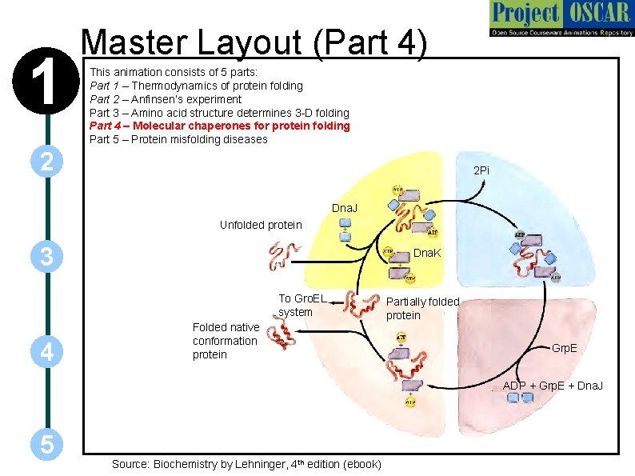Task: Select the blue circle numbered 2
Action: (x=46, y=162)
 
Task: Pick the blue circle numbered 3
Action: (x=46, y=257)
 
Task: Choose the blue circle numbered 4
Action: (x=46, y=350)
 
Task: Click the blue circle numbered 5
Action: (x=46, y=445)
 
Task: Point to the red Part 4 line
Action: (x=219, y=126)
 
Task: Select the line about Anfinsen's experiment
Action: (x=165, y=99)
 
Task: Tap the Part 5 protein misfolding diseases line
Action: (x=178, y=139)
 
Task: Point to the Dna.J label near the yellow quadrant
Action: (x=345, y=209)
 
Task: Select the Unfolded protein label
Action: (x=261, y=225)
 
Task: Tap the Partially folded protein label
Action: (x=422, y=308)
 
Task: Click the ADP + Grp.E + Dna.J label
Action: (x=553, y=386)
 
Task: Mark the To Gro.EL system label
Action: (x=302, y=306)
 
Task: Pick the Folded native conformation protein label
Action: (x=226, y=341)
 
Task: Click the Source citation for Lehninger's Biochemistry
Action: (x=246, y=464)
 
